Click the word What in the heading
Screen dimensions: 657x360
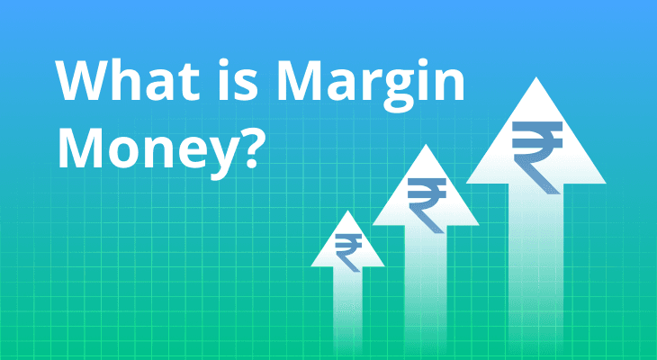(x=127, y=80)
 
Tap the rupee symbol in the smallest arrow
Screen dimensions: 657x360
(x=348, y=252)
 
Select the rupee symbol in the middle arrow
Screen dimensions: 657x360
(x=427, y=205)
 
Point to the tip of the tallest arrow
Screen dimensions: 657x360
(x=535, y=77)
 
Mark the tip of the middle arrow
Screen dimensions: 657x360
(x=426, y=145)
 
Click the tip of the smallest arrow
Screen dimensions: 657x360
(x=347, y=211)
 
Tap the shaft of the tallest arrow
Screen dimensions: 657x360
(x=535, y=268)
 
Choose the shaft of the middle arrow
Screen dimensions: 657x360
(x=426, y=289)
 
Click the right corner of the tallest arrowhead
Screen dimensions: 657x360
(x=606, y=183)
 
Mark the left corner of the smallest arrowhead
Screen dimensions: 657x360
(x=311, y=266)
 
